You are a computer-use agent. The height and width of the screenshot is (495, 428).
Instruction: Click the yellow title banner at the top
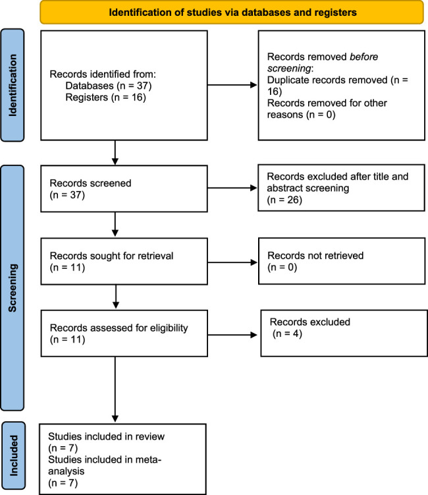pyautogui.click(x=232, y=13)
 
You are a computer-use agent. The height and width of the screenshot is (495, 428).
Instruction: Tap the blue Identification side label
pyautogui.click(x=13, y=85)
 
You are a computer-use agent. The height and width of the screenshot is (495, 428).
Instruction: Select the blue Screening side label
pyautogui.click(x=13, y=288)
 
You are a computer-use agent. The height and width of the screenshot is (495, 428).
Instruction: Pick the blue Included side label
pyautogui.click(x=13, y=455)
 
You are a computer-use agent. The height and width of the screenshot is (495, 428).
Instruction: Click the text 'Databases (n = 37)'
pyautogui.click(x=109, y=86)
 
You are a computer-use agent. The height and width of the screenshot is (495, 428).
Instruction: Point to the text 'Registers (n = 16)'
pyautogui.click(x=105, y=98)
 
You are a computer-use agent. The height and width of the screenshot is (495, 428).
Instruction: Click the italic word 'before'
pyautogui.click(x=363, y=57)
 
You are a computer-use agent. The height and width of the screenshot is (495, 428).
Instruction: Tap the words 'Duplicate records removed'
pyautogui.click(x=327, y=80)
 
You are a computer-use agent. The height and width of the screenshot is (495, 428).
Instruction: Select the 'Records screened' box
pyautogui.click(x=124, y=189)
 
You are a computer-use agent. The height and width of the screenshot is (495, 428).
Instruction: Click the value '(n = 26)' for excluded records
pyautogui.click(x=284, y=200)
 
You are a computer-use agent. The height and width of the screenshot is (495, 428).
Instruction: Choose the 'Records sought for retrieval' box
pyautogui.click(x=124, y=262)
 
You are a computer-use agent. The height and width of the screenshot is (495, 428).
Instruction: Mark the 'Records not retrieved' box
pyautogui.click(x=342, y=261)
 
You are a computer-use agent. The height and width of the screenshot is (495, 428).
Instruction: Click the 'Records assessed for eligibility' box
pyautogui.click(x=124, y=334)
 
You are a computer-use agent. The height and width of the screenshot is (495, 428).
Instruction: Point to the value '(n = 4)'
pyautogui.click(x=287, y=334)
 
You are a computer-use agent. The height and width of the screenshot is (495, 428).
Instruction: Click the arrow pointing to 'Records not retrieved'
pyautogui.click(x=233, y=262)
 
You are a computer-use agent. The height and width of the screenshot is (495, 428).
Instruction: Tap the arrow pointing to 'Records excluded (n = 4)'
pyautogui.click(x=233, y=335)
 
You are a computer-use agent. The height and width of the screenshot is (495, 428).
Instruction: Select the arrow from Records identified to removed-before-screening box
pyautogui.click(x=232, y=85)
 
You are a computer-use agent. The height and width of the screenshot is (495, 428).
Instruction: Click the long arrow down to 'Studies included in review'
pyautogui.click(x=115, y=390)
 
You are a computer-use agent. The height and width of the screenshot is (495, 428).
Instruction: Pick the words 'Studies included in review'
pyautogui.click(x=106, y=436)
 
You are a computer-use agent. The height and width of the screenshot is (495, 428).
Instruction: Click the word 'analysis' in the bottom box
pyautogui.click(x=67, y=471)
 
